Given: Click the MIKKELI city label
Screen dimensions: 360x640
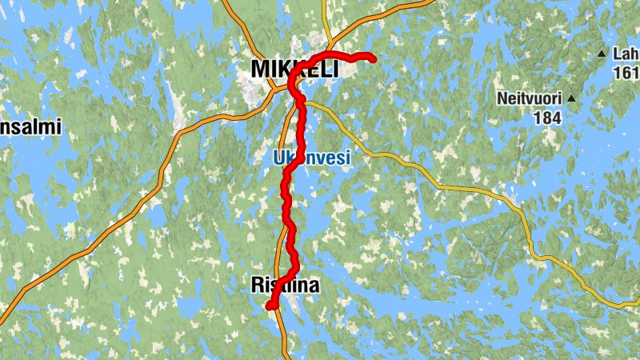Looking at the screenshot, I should point(294,70).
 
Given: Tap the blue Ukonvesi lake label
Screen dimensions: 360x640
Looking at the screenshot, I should point(312,159).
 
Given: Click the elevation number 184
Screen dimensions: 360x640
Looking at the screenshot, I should point(548,118).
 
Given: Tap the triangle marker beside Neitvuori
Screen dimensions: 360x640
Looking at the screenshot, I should point(572,98).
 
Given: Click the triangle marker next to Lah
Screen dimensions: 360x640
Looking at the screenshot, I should point(602,54).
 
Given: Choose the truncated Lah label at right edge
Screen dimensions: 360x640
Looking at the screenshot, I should point(625,54).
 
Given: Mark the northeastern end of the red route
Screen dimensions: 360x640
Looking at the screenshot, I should point(373,57).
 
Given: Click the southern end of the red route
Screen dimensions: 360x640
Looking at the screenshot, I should point(270,306).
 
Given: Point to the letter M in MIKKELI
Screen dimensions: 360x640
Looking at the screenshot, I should point(262,70).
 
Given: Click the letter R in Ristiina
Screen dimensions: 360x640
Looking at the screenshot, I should point(257,285).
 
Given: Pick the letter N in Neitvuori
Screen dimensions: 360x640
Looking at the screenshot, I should point(502,98).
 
